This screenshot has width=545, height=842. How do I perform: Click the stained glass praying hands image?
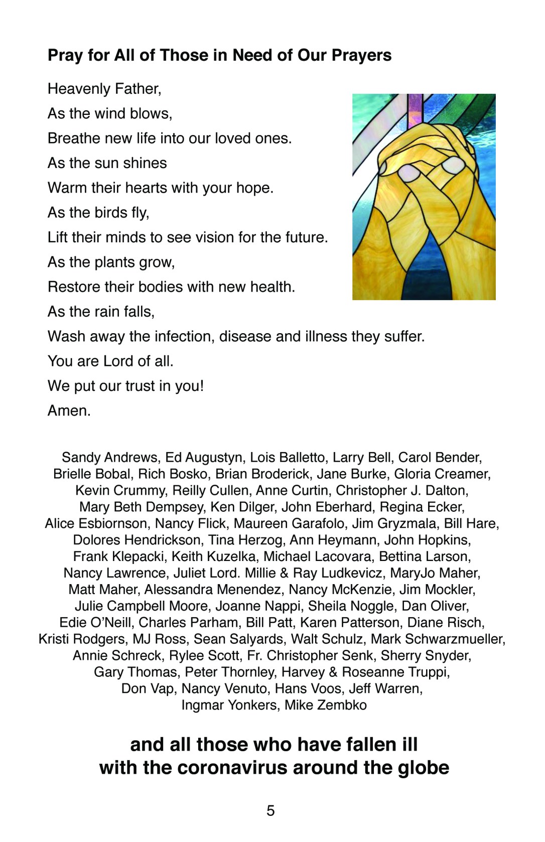(424, 197)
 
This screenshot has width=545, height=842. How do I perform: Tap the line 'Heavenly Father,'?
(104, 89)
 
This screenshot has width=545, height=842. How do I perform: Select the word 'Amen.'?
(69, 410)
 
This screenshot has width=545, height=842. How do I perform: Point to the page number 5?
(270, 810)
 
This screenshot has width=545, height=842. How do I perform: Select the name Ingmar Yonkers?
(229, 705)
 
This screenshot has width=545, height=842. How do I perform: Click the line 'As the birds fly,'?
(98, 213)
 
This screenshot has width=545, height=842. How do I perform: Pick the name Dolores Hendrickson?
(137, 540)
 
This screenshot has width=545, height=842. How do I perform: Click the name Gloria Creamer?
(442, 474)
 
